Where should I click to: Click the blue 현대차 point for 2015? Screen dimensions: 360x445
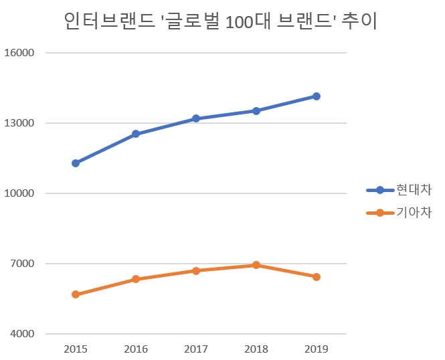(76, 163)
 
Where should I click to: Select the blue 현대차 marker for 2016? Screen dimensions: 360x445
(136, 134)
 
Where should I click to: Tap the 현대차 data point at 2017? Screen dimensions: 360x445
(196, 118)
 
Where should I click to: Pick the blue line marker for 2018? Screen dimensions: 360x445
(256, 110)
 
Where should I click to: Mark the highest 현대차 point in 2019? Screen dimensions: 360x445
(317, 96)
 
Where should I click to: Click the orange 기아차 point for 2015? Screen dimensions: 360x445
(76, 294)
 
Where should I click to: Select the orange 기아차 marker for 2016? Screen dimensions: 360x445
(136, 279)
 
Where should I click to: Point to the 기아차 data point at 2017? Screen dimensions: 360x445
(196, 271)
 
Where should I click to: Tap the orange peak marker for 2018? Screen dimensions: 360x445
(256, 265)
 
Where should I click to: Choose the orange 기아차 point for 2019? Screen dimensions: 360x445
(317, 277)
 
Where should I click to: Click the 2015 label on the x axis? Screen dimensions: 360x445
(76, 349)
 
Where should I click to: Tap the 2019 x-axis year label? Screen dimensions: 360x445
(317, 349)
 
